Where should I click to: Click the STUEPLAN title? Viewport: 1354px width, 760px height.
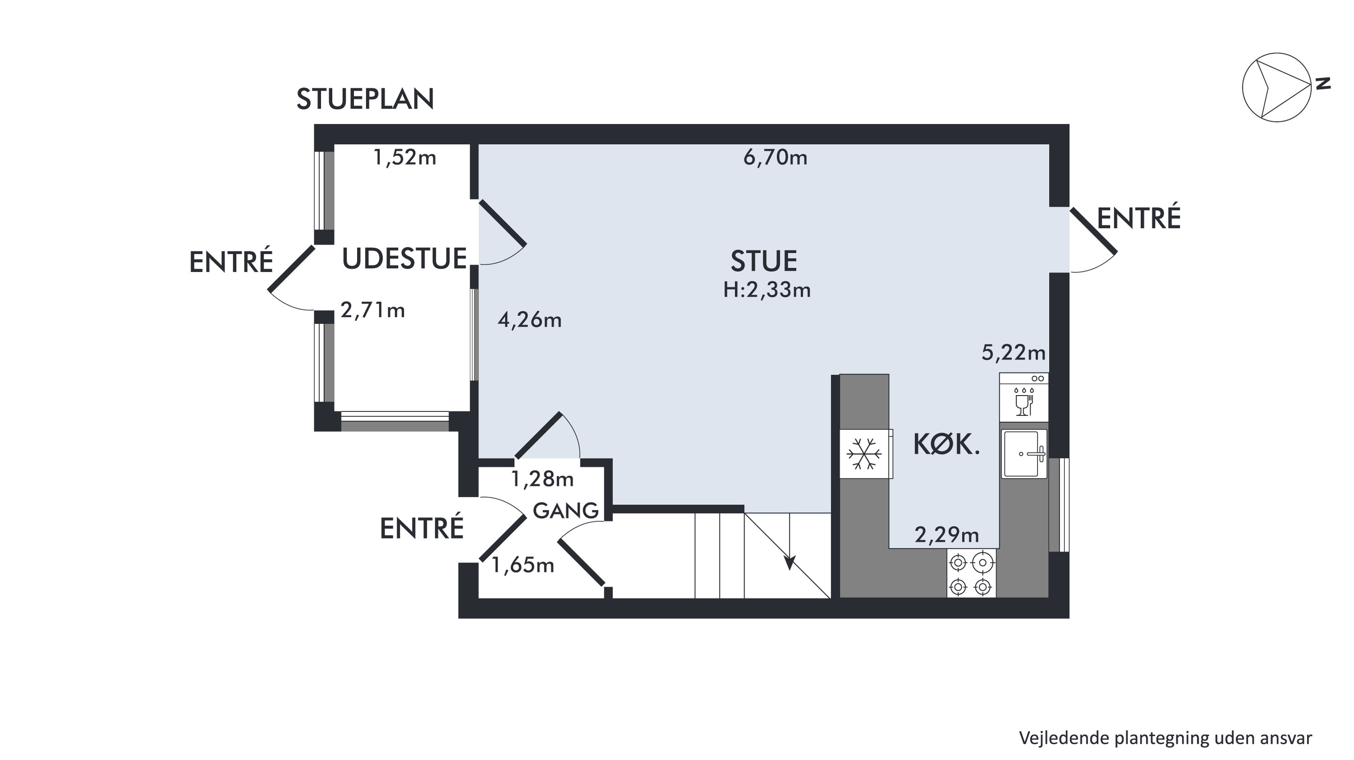click(x=365, y=99)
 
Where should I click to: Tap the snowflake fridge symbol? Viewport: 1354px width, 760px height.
click(x=864, y=453)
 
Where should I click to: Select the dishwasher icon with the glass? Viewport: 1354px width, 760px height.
click(x=1024, y=397)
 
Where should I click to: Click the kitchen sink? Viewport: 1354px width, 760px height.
click(x=1024, y=453)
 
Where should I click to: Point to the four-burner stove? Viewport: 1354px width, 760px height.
click(x=971, y=573)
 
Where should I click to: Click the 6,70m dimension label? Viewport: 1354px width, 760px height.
click(x=775, y=157)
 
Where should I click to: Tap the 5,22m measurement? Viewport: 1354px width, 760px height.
click(x=1014, y=353)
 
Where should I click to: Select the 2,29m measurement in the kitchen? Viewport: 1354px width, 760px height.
click(x=947, y=535)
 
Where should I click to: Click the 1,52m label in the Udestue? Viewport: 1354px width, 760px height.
click(x=405, y=157)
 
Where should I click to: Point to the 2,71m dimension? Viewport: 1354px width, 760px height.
click(x=372, y=310)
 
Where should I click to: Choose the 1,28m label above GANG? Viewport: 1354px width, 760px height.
click(x=542, y=479)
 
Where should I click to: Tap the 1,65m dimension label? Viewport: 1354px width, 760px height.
click(x=523, y=565)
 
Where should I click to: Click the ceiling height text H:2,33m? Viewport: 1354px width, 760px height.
click(x=767, y=289)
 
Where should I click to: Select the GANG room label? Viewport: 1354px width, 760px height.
click(x=566, y=510)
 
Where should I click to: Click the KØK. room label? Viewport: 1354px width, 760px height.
click(x=947, y=445)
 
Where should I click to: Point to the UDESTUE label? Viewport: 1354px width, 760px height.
click(x=405, y=259)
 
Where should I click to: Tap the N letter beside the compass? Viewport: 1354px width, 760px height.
click(x=1323, y=84)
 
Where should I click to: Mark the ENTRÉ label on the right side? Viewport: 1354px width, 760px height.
click(x=1139, y=218)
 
